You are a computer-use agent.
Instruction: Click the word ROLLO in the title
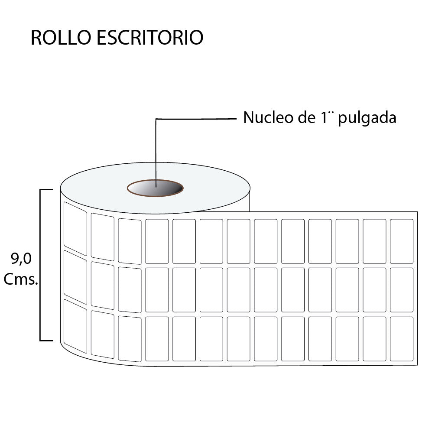coord(61,37)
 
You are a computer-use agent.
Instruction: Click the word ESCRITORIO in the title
coord(150,37)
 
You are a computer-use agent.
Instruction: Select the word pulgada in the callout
coord(367,118)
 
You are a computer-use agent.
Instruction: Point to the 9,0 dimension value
coord(21,259)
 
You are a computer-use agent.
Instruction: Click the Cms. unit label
coord(21,279)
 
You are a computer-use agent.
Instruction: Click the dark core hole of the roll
coord(155,188)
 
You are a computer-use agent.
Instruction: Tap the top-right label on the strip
coord(402,241)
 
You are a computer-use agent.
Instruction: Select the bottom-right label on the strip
coord(402,339)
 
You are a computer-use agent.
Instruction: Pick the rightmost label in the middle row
coord(402,290)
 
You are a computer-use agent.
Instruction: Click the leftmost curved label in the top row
coord(75,229)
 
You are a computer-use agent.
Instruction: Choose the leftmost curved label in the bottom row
coord(75,326)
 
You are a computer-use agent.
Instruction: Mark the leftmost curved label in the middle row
coord(75,277)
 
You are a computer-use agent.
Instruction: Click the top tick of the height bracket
coord(46,190)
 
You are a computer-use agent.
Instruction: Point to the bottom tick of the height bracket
coord(46,341)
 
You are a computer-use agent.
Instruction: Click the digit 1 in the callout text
coord(324,117)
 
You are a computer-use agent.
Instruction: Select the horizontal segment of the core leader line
coord(196,119)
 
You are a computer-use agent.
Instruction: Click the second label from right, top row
coord(374,241)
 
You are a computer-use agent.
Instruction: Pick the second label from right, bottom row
coord(374,339)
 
